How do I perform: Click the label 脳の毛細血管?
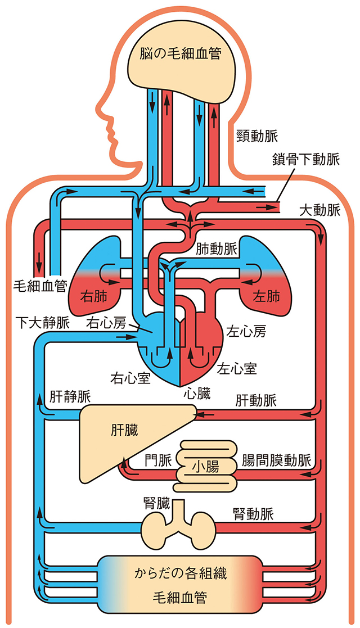tap(181, 53)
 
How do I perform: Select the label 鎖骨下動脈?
tap(305, 160)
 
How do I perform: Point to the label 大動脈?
tap(319, 210)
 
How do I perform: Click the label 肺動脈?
tap(215, 250)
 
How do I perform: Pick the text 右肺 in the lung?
tap(94, 297)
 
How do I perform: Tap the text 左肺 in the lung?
tap(267, 297)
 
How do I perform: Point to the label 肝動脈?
tap(256, 400)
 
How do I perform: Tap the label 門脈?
tap(158, 460)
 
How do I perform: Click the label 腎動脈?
tap(253, 514)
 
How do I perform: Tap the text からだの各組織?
tap(180, 573)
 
